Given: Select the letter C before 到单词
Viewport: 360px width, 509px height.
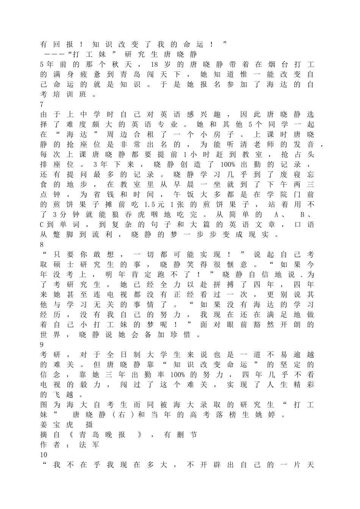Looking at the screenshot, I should (x=42, y=225).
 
